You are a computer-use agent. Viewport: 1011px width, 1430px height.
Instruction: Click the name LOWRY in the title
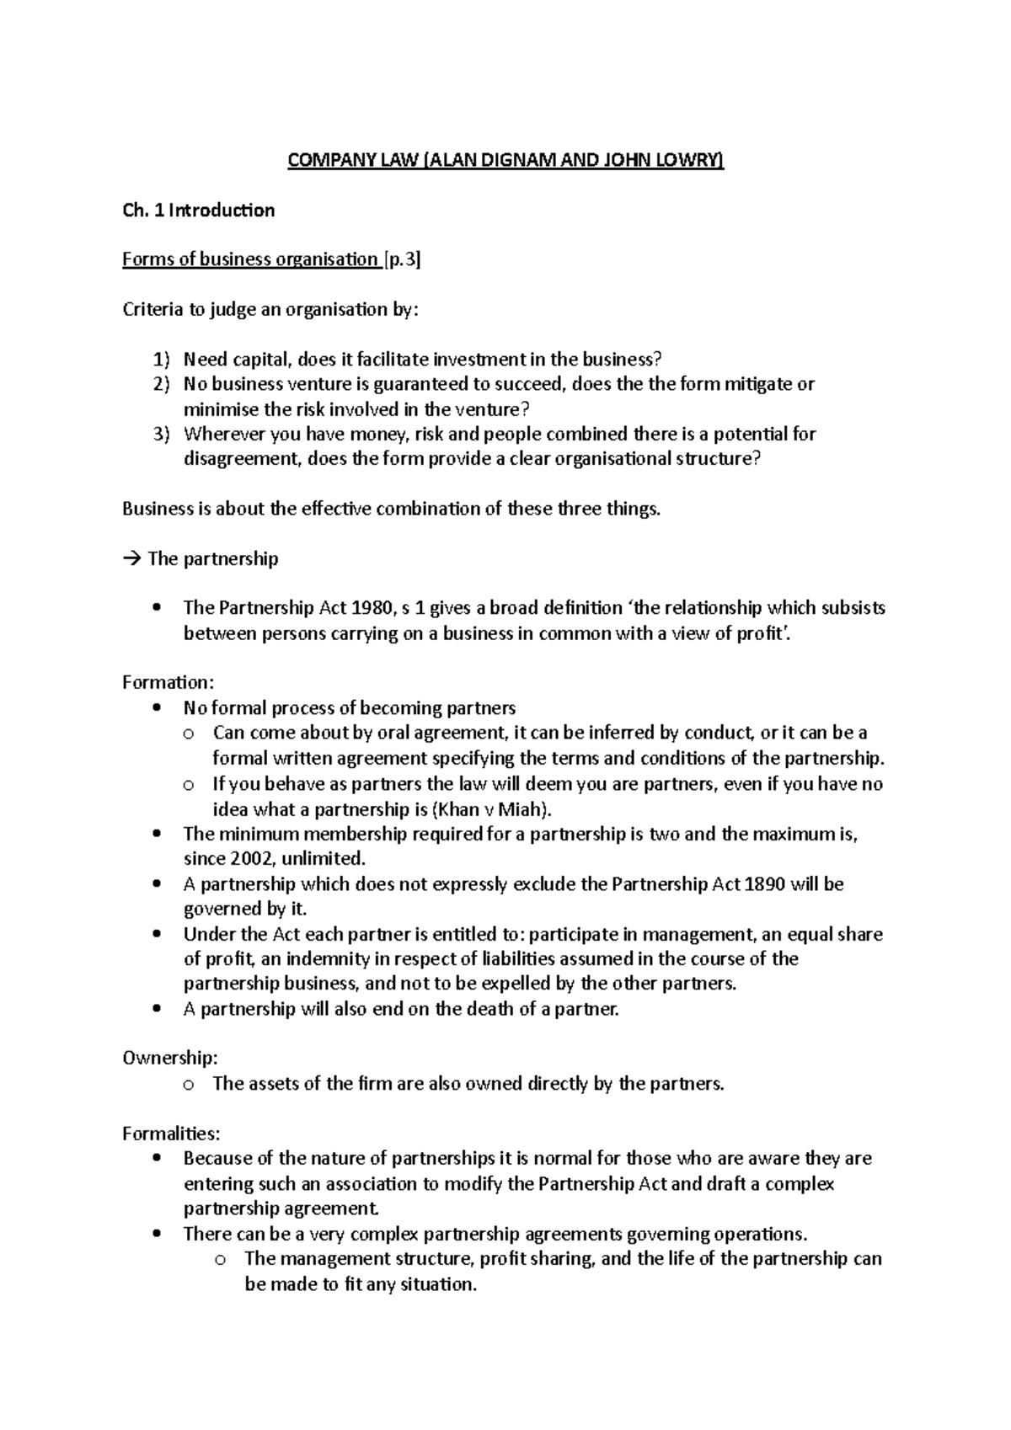coord(693,161)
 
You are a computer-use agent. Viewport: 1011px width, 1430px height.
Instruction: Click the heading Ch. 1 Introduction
coord(198,211)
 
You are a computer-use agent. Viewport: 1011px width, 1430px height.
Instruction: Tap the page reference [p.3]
coord(402,260)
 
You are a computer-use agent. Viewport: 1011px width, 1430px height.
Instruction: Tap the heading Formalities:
coord(171,1134)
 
